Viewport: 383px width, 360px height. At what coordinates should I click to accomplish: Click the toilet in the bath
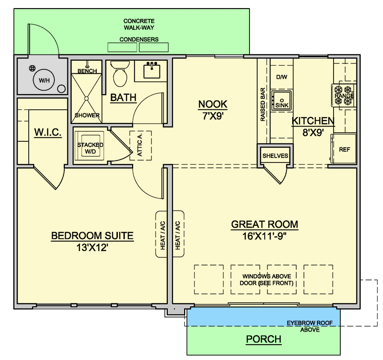point(120,73)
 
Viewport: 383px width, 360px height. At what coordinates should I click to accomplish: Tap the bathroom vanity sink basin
point(151,71)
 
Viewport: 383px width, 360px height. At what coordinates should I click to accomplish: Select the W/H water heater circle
point(44,80)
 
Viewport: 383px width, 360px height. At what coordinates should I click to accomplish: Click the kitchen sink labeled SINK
point(282,101)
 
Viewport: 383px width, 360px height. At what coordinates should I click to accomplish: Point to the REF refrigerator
point(344,148)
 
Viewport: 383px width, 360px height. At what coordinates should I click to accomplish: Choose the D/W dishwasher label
point(282,77)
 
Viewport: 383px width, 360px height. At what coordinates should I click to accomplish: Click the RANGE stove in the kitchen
point(344,95)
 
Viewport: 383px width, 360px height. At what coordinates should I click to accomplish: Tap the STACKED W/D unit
point(90,146)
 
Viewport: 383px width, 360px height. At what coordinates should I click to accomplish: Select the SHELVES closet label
point(275,156)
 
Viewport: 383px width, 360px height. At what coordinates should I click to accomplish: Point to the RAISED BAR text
point(263,104)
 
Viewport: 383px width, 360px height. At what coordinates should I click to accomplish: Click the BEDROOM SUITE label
point(92,236)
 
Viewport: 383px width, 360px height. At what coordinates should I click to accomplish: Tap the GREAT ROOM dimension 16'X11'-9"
point(264,236)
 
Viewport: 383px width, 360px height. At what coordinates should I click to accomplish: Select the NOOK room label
point(213,104)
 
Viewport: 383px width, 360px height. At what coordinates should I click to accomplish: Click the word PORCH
point(263,339)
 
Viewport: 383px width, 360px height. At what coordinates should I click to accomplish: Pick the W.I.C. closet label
point(48,132)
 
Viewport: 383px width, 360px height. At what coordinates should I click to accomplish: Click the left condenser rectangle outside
point(122,47)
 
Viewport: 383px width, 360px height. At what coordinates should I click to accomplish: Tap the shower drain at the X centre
point(86,98)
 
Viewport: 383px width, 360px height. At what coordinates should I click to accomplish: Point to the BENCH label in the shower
point(87,71)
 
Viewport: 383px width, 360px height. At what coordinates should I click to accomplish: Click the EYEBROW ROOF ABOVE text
point(310,326)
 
